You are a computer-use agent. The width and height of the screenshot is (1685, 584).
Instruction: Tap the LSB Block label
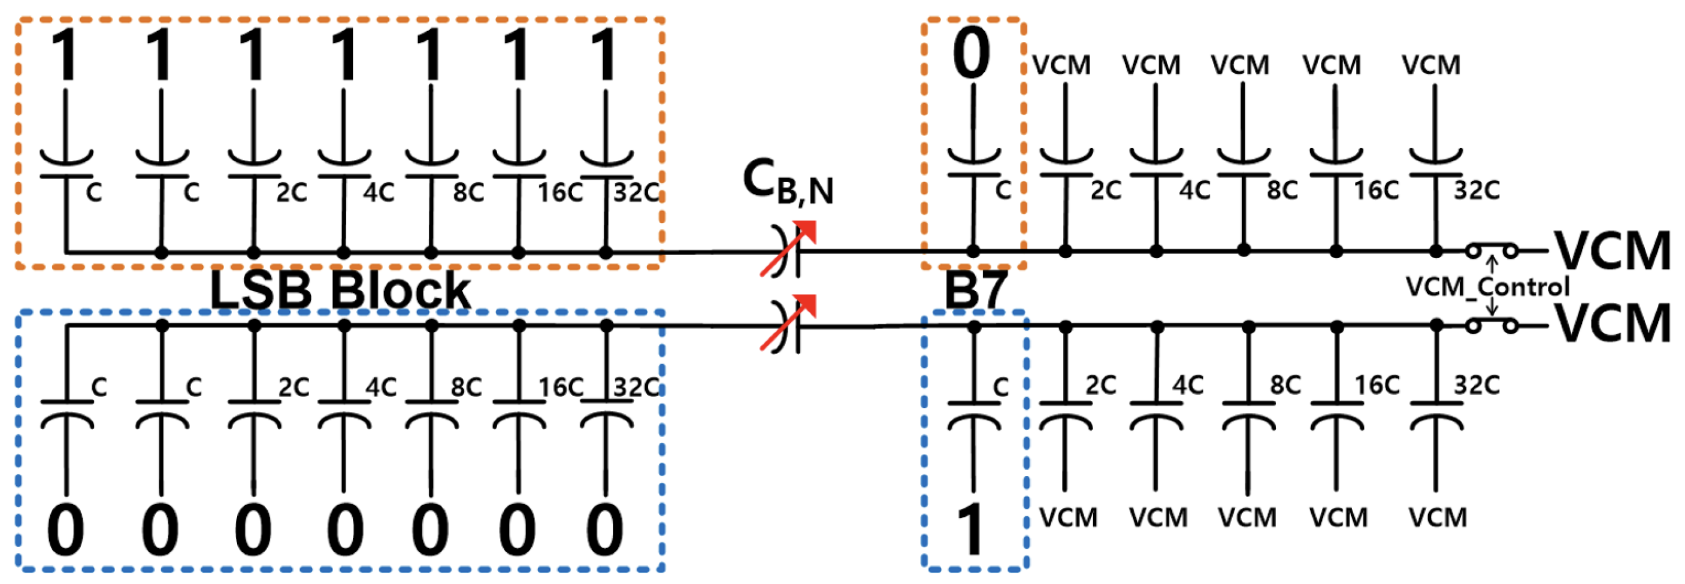click(x=340, y=291)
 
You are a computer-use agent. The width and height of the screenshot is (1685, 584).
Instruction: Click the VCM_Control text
click(x=1487, y=287)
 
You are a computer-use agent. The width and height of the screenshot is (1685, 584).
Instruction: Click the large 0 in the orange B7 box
click(x=972, y=55)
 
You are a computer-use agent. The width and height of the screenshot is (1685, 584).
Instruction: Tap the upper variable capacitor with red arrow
click(x=788, y=250)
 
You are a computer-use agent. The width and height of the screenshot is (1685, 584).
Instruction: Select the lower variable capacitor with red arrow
click(x=788, y=325)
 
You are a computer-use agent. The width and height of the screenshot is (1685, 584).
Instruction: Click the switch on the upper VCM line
click(x=1492, y=250)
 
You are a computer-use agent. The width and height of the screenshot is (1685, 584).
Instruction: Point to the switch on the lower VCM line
click(x=1492, y=325)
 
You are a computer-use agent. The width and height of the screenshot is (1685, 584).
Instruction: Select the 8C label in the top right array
click(x=1282, y=190)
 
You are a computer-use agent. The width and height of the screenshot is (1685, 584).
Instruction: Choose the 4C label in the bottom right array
click(x=1188, y=385)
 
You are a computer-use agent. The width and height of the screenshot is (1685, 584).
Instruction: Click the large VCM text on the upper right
click(x=1613, y=251)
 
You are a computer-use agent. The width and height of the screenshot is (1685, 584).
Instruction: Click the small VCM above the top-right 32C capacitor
click(x=1430, y=65)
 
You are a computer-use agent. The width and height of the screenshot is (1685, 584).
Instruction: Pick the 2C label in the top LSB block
click(x=291, y=193)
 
